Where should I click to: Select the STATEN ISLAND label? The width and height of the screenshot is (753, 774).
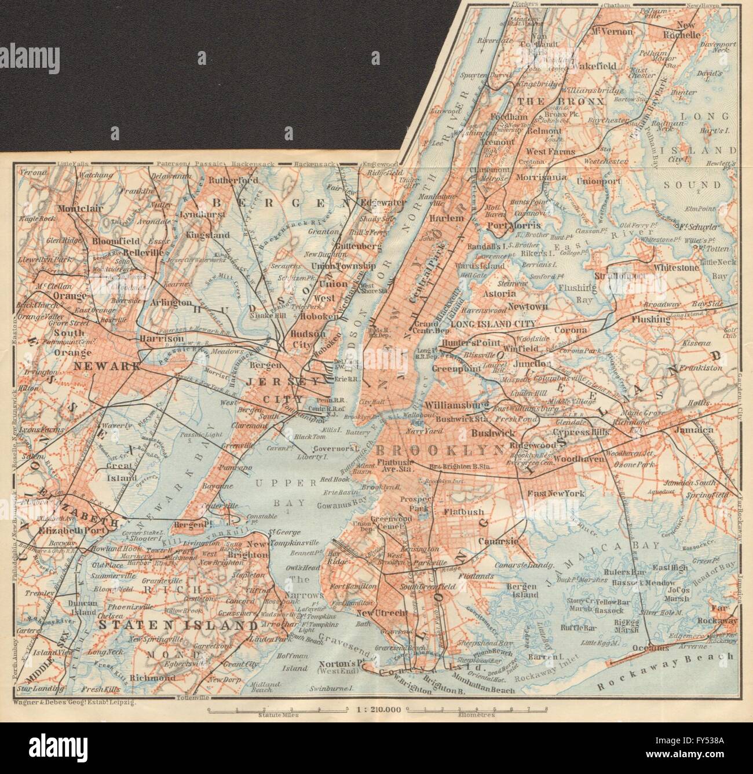pos(177,625)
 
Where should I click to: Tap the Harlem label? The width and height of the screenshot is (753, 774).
pos(447,218)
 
